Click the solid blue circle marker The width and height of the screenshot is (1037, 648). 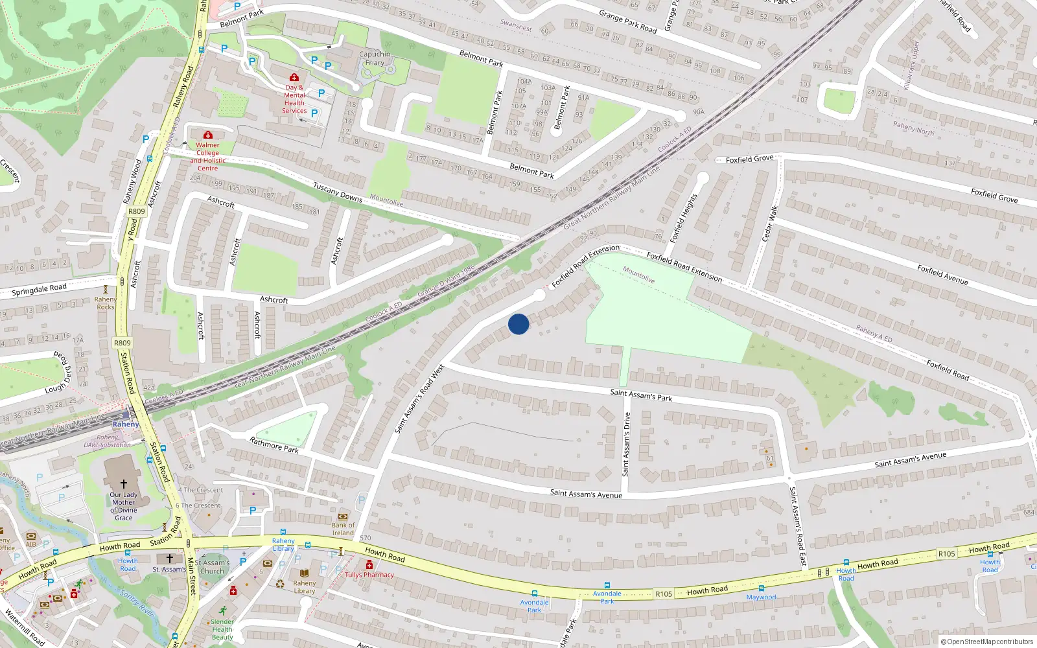[518, 324]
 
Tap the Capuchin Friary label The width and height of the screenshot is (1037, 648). [375, 58]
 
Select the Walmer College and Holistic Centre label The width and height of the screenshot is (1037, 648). [207, 157]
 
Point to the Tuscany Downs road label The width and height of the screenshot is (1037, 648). [338, 192]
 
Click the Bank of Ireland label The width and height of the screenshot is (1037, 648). [343, 529]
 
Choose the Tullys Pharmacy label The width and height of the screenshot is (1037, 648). [369, 575]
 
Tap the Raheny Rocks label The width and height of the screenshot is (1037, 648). [106, 303]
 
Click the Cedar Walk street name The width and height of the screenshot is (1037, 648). [770, 222]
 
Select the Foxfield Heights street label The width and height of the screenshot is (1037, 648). [684, 218]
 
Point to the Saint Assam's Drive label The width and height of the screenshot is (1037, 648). [626, 445]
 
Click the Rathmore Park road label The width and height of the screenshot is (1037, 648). [274, 445]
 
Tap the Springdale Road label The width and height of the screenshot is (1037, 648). [39, 289]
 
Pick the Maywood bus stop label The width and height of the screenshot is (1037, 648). [761, 597]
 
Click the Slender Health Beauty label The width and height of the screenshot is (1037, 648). [222, 629]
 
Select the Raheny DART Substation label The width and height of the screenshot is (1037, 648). [108, 441]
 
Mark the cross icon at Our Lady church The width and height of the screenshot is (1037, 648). [124, 483]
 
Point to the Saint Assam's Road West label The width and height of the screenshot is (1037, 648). [419, 399]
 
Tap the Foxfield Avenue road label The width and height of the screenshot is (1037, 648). [942, 275]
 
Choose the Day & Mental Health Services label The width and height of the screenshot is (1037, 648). [294, 98]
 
